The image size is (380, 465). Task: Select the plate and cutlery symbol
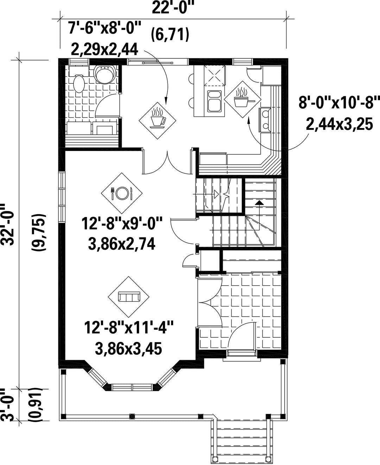pos(121,193)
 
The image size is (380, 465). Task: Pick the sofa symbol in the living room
pos(129,296)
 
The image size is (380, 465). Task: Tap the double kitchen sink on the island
pos(214,101)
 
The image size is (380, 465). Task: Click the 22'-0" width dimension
pos(174,8)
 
